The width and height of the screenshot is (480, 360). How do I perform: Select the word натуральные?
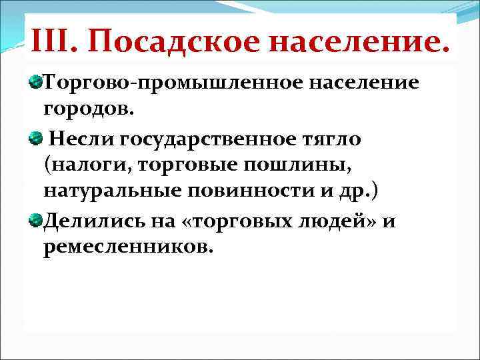pos(114,191)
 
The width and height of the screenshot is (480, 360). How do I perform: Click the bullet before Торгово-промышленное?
pos(35,83)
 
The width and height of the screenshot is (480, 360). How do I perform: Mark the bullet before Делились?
pos(35,221)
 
